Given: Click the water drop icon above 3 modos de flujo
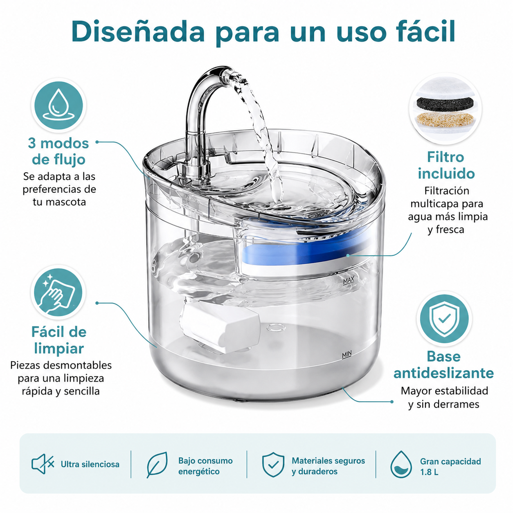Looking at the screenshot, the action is point(59,105).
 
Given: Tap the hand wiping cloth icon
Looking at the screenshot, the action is point(59,292).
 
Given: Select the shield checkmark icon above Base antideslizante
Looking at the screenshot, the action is point(444,319).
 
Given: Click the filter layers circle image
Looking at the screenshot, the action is point(445,109).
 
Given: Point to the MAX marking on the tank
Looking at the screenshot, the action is point(349,281).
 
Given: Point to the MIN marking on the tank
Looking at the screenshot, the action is point(346,354).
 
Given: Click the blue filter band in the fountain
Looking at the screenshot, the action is point(306,250).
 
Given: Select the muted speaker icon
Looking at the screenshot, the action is point(43,464).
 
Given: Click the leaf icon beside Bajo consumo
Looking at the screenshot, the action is point(157,465).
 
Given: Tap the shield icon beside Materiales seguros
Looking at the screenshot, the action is point(273,464).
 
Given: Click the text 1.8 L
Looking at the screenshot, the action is point(429,472).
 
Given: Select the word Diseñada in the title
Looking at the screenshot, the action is point(137,32).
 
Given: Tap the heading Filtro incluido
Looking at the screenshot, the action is point(446,165).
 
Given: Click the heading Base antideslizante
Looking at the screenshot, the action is point(444,365).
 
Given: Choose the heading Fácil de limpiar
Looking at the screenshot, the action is point(59,340).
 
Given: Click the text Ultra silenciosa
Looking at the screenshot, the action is point(90,464).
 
